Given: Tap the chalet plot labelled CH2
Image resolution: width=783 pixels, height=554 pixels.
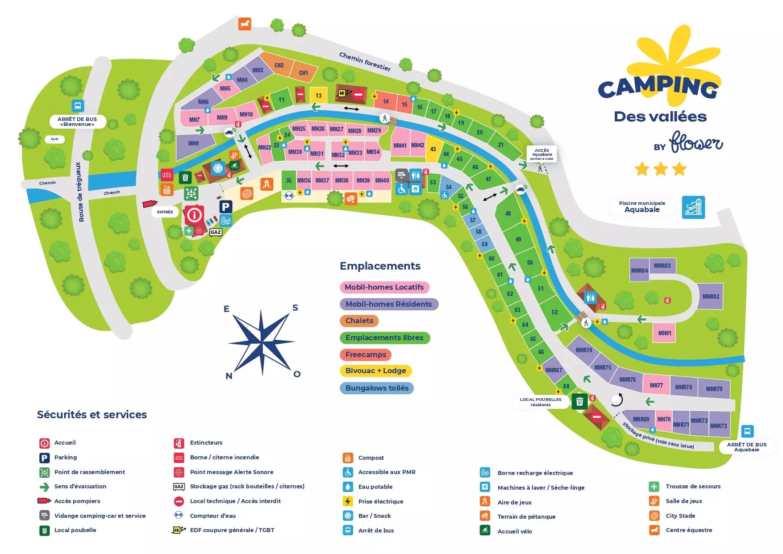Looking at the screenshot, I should [x=279, y=66].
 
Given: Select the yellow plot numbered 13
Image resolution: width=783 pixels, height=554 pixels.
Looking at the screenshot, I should [x=318, y=96].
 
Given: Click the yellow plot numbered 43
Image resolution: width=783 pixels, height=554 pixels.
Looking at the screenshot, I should [x=433, y=150].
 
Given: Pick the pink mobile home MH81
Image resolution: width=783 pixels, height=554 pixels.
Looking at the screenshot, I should [x=664, y=333].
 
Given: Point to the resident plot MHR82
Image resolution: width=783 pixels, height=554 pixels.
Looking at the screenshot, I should [x=710, y=296].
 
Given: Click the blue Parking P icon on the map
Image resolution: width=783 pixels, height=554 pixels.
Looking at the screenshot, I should [x=225, y=207].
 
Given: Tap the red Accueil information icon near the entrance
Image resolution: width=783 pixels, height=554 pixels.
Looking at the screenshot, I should [x=194, y=215].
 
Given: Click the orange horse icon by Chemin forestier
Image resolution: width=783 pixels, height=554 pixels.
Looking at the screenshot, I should [x=244, y=24].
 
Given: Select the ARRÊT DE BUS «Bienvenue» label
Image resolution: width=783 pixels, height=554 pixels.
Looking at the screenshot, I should [x=77, y=121].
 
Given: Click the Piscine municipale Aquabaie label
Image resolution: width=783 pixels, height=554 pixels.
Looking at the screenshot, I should [x=642, y=207].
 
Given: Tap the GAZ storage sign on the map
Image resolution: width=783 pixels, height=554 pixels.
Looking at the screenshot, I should [x=216, y=232].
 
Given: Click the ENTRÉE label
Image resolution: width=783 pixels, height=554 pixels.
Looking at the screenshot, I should [x=165, y=212].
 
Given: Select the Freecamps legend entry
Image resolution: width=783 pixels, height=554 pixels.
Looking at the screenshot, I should [x=366, y=354].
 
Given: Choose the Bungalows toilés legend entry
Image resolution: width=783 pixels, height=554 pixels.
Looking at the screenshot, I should [x=377, y=388].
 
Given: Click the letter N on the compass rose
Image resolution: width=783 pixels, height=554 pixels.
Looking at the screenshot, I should [x=229, y=376].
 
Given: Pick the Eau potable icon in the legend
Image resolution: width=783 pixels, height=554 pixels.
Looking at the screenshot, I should [x=348, y=487].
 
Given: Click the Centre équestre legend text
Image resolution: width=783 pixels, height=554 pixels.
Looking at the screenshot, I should [x=689, y=530].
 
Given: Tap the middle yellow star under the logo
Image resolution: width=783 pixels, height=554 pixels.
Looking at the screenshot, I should [x=660, y=169].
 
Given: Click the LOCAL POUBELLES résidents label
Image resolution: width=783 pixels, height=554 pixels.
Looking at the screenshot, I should [x=541, y=402].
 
